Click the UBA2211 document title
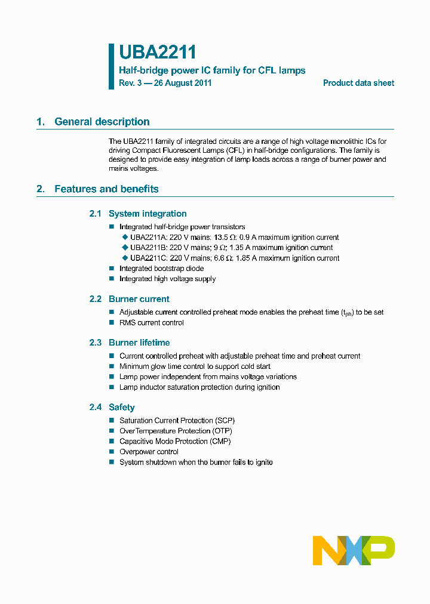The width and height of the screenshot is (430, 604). [x=157, y=53]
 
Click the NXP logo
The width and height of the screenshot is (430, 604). [x=354, y=550]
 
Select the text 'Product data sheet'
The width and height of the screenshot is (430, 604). [x=358, y=83]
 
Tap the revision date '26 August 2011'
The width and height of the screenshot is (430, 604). [x=182, y=83]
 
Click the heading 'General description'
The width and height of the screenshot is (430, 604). [x=102, y=122]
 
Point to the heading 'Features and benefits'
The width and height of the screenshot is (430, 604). [x=106, y=189]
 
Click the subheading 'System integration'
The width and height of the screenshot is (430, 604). [x=148, y=214]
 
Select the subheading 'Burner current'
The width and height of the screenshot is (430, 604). [x=139, y=299]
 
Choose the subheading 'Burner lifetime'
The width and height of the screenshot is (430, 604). [x=139, y=343]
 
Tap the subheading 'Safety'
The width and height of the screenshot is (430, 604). [x=121, y=407]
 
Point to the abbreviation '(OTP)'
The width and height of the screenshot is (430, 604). [x=222, y=431]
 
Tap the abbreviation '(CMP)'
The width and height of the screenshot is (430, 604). [x=220, y=441]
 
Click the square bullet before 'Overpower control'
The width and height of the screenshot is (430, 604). [x=111, y=452]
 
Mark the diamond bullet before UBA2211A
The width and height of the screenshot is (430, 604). [x=125, y=237]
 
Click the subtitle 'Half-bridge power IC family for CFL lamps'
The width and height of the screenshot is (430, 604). [x=212, y=70]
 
